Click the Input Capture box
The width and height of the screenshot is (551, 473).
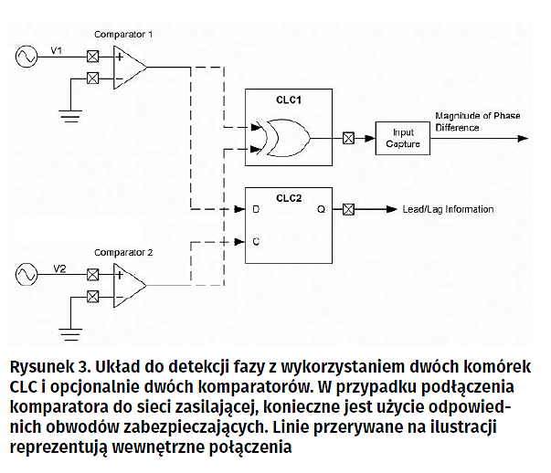(x=402, y=139)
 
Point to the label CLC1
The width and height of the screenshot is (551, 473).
(x=289, y=98)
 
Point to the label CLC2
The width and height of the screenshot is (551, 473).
(x=289, y=195)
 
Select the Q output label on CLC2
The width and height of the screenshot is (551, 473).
(x=321, y=208)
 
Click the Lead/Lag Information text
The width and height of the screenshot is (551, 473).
(x=448, y=209)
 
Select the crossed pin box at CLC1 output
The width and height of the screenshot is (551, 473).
(x=348, y=139)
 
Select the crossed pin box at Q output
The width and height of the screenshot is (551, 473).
(x=348, y=209)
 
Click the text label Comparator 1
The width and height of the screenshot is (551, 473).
(x=123, y=34)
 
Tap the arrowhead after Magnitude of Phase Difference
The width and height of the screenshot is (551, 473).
(x=522, y=139)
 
